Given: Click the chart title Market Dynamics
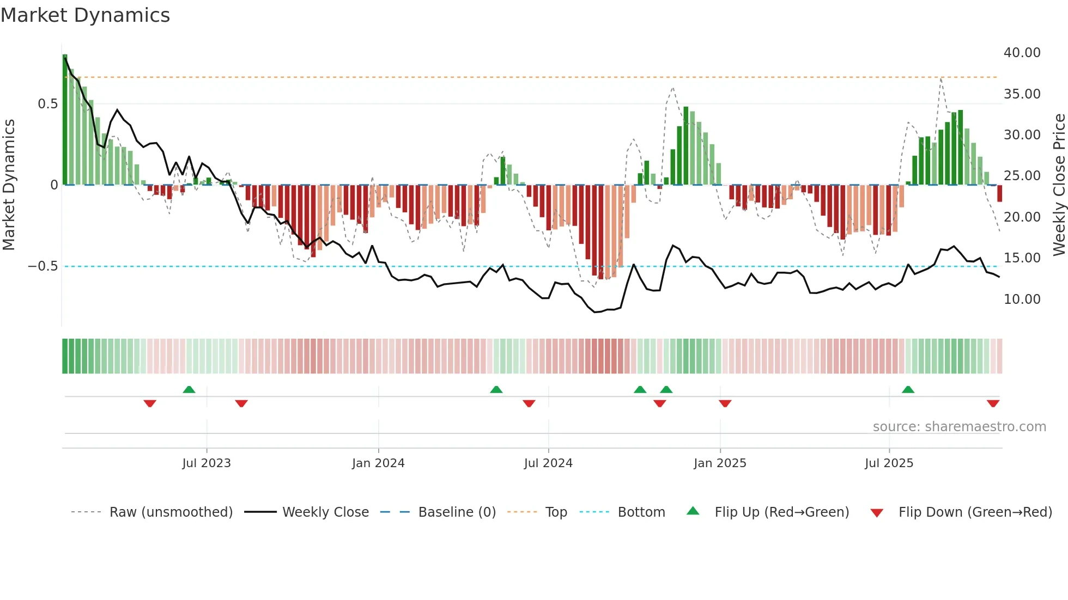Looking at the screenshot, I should pyautogui.click(x=85, y=15).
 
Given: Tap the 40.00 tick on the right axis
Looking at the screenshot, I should pyautogui.click(x=1022, y=53).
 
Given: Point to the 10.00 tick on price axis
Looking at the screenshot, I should pyautogui.click(x=1022, y=299).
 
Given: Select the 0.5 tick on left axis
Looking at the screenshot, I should pyautogui.click(x=47, y=104).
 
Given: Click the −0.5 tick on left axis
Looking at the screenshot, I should pyautogui.click(x=43, y=266).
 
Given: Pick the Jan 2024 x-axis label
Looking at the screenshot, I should pyautogui.click(x=378, y=463).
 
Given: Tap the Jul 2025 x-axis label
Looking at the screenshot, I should pyautogui.click(x=889, y=463).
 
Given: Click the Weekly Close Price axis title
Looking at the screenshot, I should pyautogui.click(x=1059, y=185).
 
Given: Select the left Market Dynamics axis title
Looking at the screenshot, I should pyautogui.click(x=9, y=185).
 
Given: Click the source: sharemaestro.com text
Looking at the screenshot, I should pyautogui.click(x=959, y=427).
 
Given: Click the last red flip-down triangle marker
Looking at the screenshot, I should pyautogui.click(x=993, y=403).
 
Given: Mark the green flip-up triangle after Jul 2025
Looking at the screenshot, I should pyautogui.click(x=908, y=389).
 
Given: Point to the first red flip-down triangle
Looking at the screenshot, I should pyautogui.click(x=150, y=403).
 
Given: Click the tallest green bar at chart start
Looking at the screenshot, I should pyautogui.click(x=65, y=120).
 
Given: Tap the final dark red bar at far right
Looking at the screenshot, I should pyautogui.click(x=999, y=193).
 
